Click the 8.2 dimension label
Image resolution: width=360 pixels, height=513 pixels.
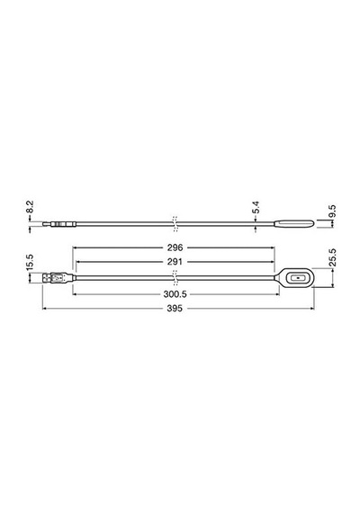30,207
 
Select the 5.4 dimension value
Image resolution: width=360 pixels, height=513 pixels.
256,207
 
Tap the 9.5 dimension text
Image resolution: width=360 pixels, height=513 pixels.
332,211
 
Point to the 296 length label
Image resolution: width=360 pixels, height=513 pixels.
175,247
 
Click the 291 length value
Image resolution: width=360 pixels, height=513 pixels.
175,262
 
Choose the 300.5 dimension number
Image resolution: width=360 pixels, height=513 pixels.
175,294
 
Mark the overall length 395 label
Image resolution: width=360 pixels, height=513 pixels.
175,308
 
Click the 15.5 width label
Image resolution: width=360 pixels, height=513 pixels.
30,263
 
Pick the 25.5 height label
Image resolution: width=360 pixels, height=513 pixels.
332,257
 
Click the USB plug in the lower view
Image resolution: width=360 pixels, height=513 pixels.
58,278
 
